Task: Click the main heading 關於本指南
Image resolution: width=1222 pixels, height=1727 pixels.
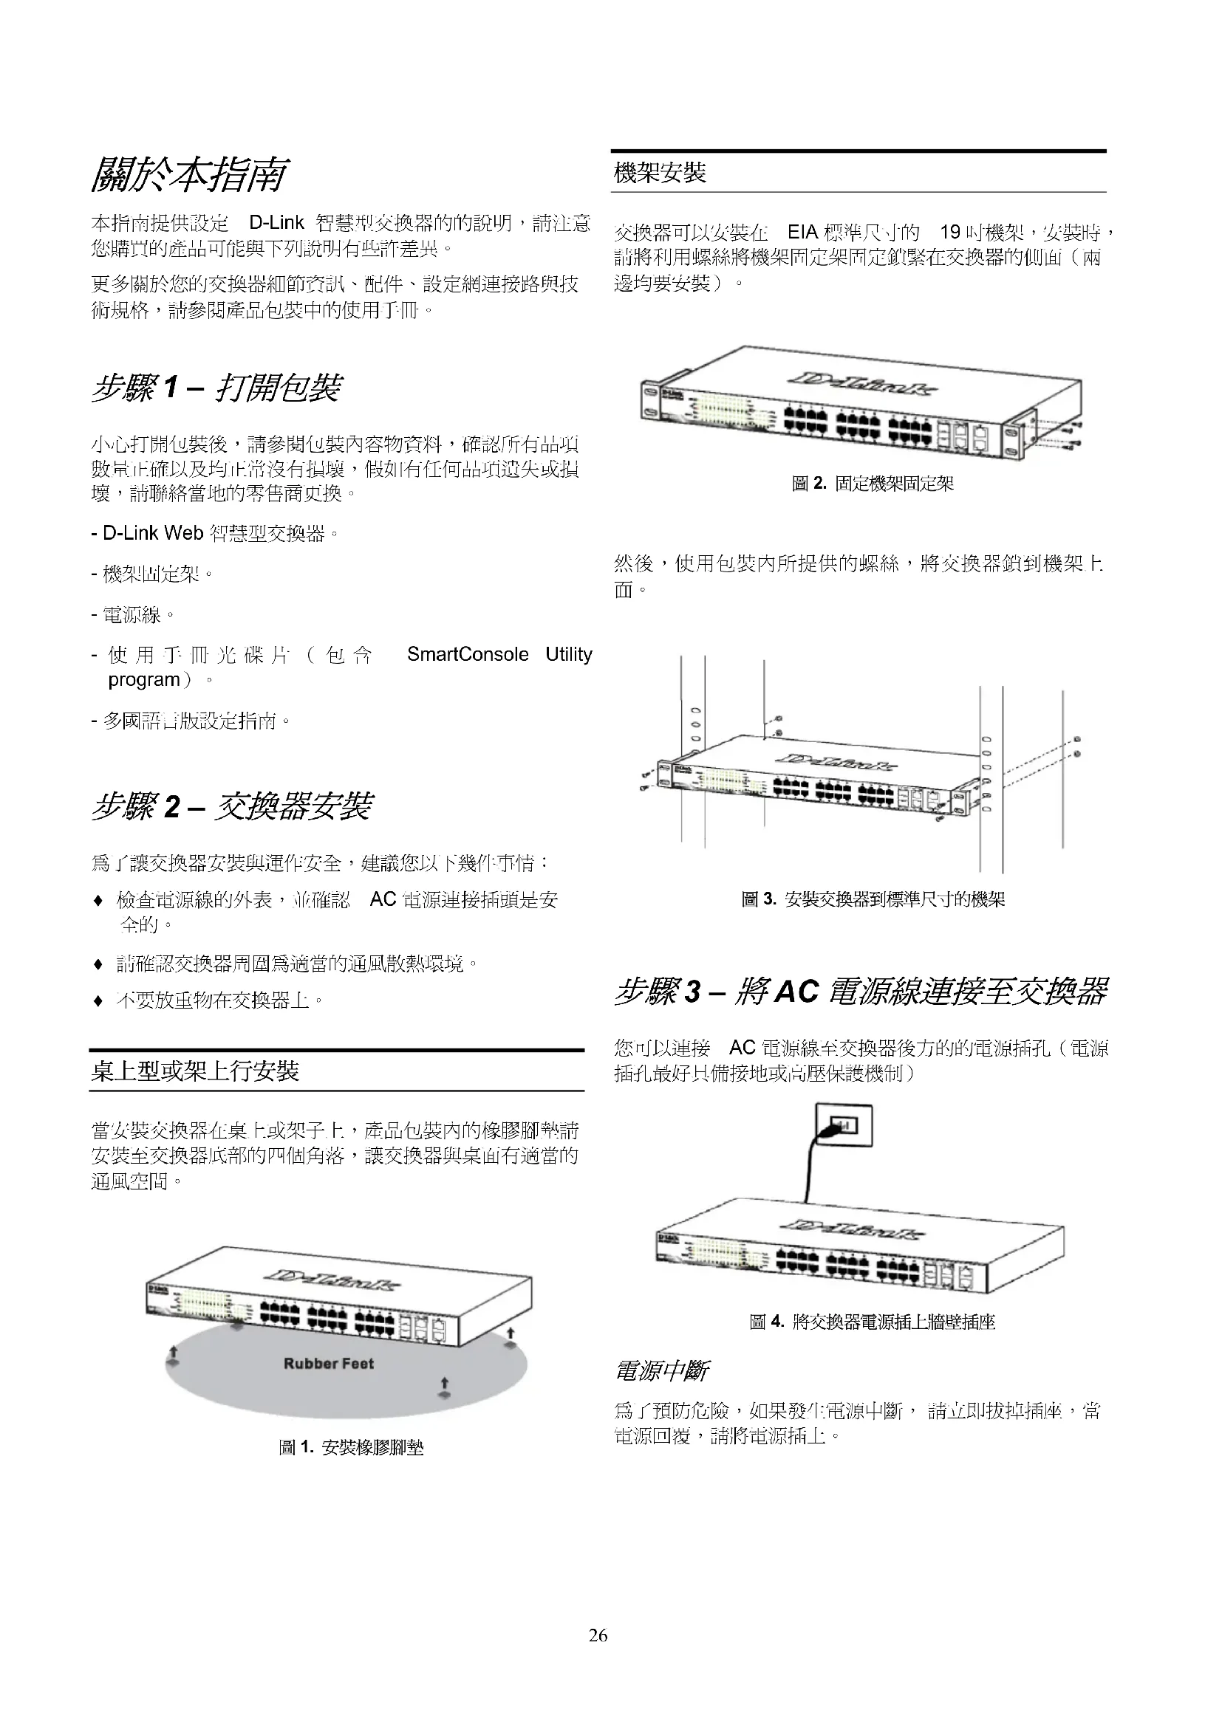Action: point(188,174)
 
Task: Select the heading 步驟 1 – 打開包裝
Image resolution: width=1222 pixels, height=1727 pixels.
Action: point(216,388)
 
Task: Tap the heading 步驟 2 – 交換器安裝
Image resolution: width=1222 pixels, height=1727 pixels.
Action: point(232,806)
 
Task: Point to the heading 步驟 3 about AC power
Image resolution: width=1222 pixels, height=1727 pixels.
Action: point(860,992)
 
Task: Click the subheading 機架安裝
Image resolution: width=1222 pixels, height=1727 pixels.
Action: point(660,173)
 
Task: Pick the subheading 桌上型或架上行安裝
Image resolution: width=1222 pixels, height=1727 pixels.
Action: point(195,1071)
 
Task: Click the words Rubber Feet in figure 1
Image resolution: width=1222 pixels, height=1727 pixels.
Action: point(328,1364)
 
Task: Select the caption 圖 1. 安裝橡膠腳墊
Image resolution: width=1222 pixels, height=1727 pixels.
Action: point(351,1448)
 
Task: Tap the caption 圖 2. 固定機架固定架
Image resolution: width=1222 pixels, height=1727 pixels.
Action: point(873,484)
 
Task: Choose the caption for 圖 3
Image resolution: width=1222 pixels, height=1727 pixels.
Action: point(873,899)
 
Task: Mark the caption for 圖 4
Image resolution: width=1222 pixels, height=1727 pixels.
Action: point(872,1322)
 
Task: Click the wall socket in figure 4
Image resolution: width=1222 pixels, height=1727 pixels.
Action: point(844,1126)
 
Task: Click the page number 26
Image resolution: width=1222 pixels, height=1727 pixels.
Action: point(598,1635)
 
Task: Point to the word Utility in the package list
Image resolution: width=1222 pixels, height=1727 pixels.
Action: point(568,654)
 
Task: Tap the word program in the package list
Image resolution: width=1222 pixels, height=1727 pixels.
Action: point(145,680)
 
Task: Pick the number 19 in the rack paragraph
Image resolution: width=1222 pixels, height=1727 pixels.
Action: point(949,233)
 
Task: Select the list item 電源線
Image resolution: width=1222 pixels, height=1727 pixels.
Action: point(132,614)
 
